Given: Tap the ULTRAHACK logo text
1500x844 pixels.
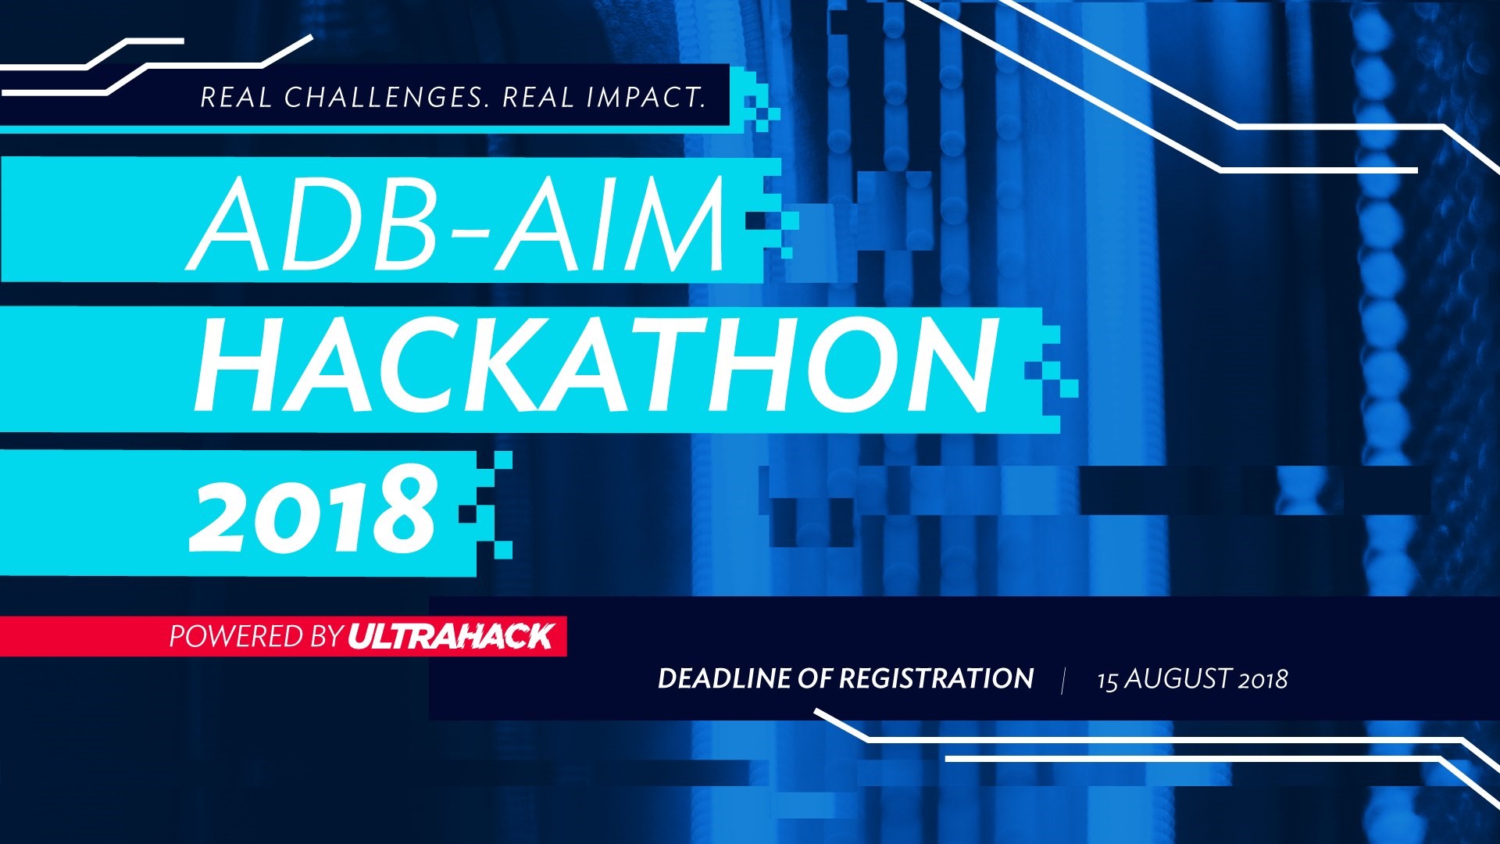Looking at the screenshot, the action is [451, 636].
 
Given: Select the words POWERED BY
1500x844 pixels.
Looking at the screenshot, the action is [256, 637].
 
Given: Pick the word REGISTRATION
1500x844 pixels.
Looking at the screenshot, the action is [936, 678].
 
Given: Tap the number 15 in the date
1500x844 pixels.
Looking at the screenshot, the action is [1108, 680].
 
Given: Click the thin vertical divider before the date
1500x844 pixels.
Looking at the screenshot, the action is [1063, 680].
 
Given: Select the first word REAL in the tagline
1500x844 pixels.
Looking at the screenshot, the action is [236, 98].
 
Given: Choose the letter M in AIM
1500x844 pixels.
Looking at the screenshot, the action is [677, 224].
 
